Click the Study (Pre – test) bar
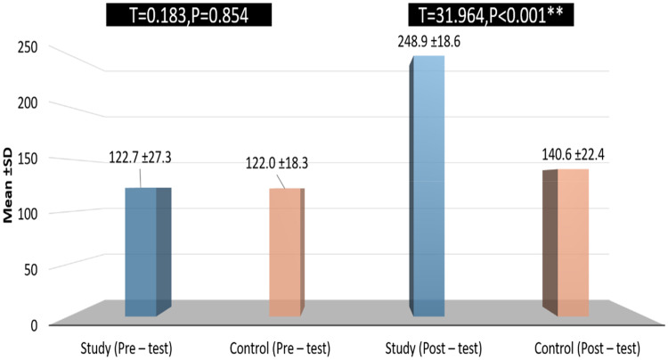(x=148, y=252)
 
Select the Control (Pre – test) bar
(x=287, y=252)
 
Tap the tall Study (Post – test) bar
(x=427, y=186)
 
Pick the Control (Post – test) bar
(x=566, y=243)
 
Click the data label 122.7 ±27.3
(x=140, y=158)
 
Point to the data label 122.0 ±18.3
(x=277, y=163)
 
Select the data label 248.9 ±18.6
(x=429, y=42)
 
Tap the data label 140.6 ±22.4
(x=573, y=155)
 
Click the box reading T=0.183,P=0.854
(x=189, y=16)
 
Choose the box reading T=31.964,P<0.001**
(x=491, y=16)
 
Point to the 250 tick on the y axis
(x=28, y=47)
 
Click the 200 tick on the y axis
(x=28, y=102)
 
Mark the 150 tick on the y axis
(x=28, y=159)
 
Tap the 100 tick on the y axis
(x=28, y=214)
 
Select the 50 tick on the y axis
(x=30, y=270)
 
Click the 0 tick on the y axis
(x=34, y=325)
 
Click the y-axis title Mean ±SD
(x=8, y=186)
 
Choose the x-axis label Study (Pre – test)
(x=126, y=349)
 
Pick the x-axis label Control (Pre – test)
(x=280, y=349)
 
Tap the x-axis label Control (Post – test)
(x=588, y=349)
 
